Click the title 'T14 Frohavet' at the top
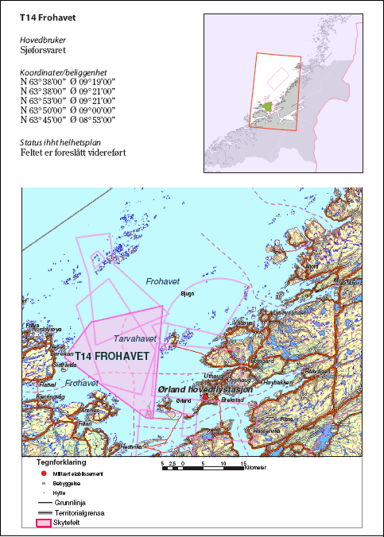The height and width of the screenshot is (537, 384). [x=54, y=17]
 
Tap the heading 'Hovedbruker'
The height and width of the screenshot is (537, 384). [x=43, y=39]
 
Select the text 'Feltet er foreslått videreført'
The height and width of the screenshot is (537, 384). [x=72, y=153]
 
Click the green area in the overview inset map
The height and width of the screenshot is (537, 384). [x=267, y=108]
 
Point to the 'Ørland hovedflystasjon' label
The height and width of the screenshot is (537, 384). [x=205, y=390]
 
